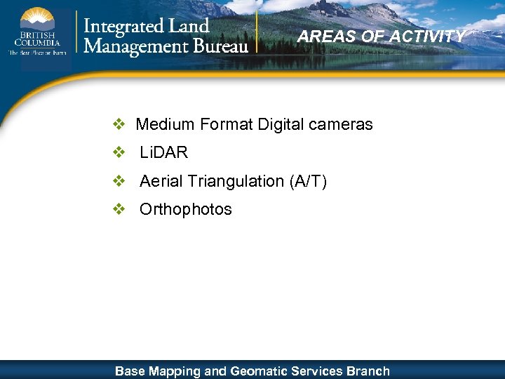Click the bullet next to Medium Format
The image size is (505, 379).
click(x=119, y=125)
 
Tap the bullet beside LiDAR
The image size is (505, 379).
click(x=119, y=153)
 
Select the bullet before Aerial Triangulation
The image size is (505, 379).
click(x=119, y=181)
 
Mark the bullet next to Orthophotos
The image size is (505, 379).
click(x=119, y=209)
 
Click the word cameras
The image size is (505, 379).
click(x=340, y=125)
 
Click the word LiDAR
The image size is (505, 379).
click(x=164, y=153)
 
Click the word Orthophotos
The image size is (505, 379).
click(x=186, y=209)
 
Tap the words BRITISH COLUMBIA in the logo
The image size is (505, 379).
click(x=35, y=39)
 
